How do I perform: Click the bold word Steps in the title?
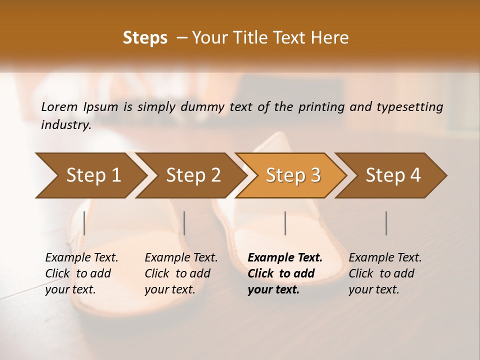coord(145,38)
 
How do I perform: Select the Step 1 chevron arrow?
coord(90,175)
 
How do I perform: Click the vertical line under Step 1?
coord(84,223)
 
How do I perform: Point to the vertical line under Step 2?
coord(184,223)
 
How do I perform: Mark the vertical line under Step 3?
coord(285,223)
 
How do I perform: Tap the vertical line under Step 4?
coord(386,223)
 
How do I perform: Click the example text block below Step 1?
coord(81,273)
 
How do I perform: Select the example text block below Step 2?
coord(181,273)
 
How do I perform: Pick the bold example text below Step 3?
coord(285,273)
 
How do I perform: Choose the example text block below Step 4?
coord(385,273)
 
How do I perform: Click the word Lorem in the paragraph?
coord(59,106)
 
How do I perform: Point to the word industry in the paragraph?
coord(66,125)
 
